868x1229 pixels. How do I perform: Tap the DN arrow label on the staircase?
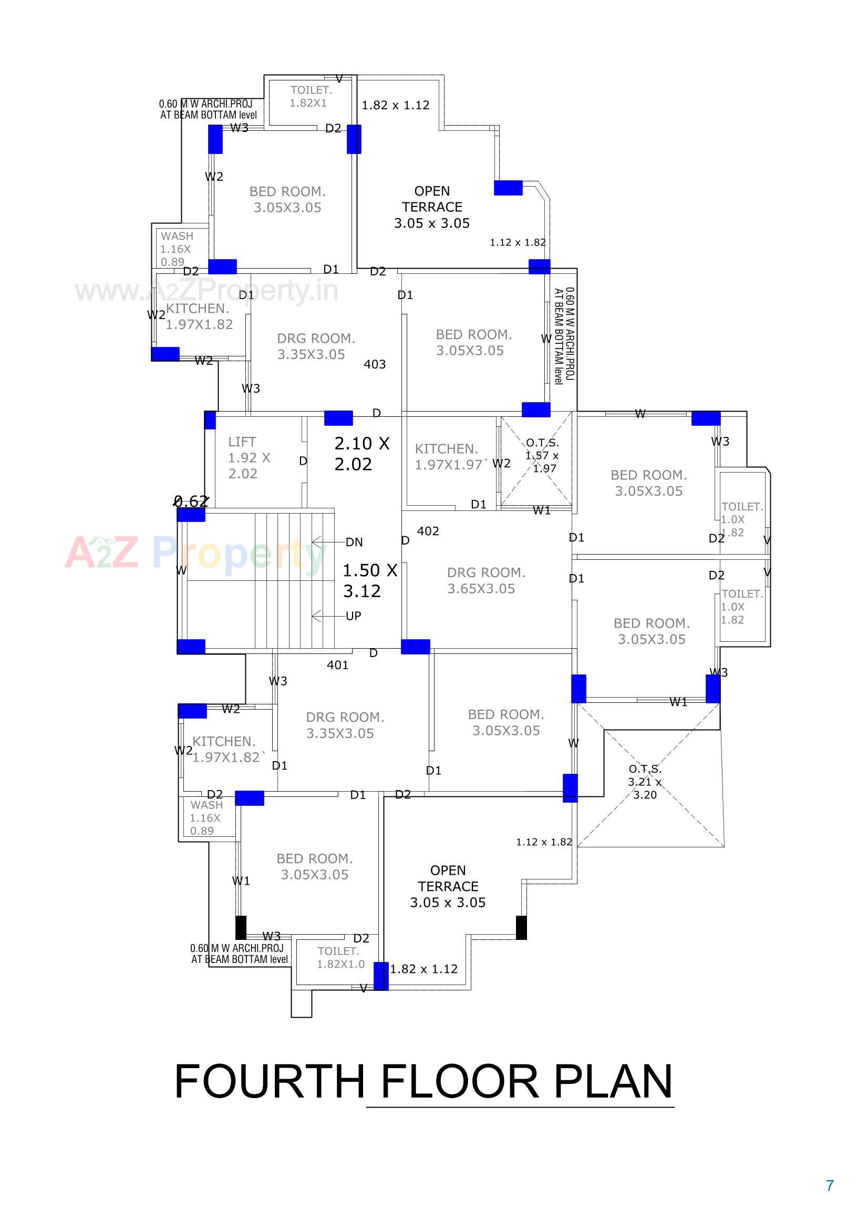(x=354, y=542)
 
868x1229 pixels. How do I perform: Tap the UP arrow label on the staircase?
(x=353, y=616)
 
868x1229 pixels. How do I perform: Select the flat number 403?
(x=375, y=364)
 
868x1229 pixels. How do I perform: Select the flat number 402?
(x=428, y=531)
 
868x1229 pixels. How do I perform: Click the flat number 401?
(x=338, y=665)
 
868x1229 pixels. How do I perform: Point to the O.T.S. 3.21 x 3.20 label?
(x=645, y=782)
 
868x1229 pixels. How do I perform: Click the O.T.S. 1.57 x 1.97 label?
(x=543, y=456)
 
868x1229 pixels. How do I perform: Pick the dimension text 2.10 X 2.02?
(x=362, y=453)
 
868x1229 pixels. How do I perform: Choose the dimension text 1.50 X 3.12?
(x=370, y=580)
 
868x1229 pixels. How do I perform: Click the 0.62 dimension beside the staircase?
(x=191, y=501)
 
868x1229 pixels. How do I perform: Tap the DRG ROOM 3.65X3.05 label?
(x=485, y=580)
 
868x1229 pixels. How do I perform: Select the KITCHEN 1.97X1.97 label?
(x=448, y=457)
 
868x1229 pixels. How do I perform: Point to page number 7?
(x=830, y=1186)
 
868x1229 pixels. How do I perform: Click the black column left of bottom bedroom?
(x=241, y=927)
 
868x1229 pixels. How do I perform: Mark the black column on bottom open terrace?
(x=521, y=927)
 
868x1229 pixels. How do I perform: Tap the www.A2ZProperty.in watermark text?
(x=206, y=291)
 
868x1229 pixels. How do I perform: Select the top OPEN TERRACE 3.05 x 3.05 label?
(x=432, y=207)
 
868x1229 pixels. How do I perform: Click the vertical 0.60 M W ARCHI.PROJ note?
(x=564, y=335)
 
